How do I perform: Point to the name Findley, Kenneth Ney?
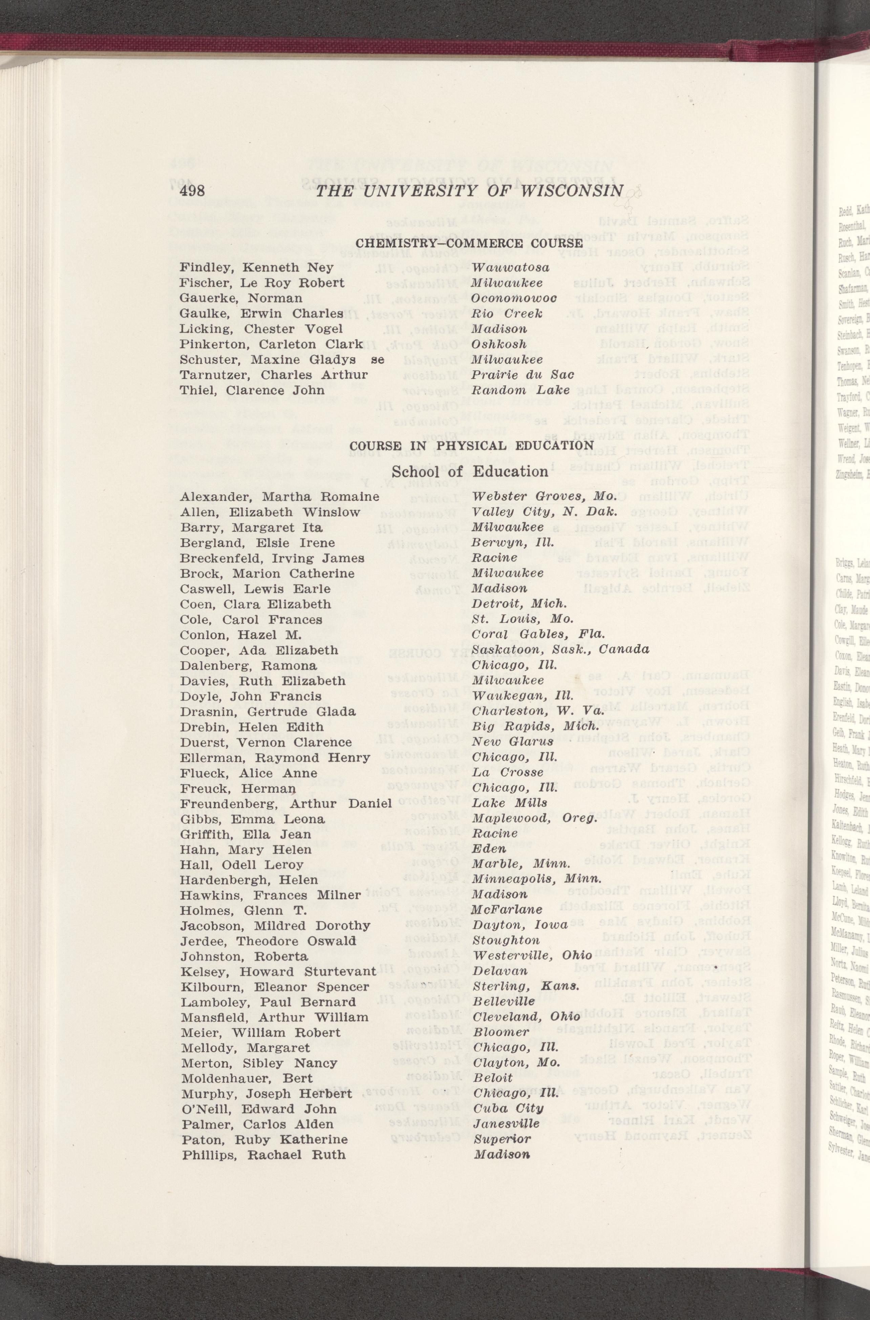pos(257,268)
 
